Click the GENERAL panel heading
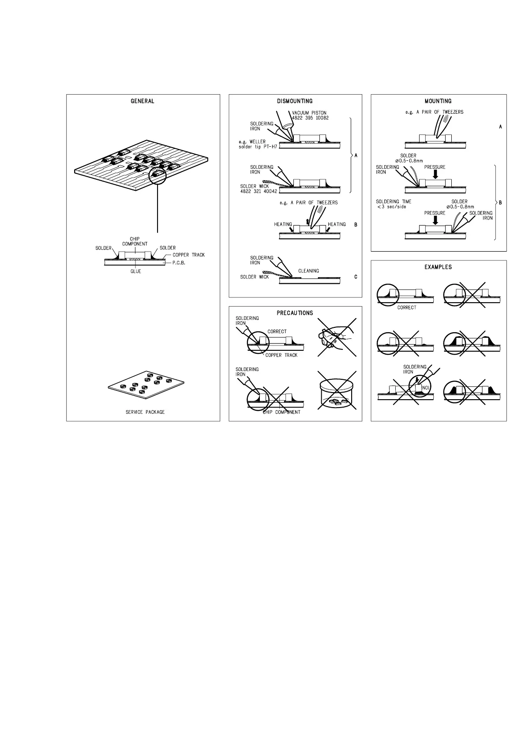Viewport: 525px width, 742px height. click(x=142, y=101)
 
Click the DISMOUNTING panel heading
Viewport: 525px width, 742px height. click(x=295, y=101)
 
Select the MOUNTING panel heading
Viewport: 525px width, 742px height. click(x=438, y=101)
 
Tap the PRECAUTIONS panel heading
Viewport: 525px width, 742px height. click(x=295, y=313)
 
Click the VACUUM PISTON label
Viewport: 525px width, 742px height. click(x=309, y=113)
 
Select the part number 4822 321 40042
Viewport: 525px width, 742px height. click(x=259, y=191)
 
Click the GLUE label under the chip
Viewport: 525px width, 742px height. click(x=136, y=271)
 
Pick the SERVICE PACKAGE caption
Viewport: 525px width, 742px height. click(x=145, y=412)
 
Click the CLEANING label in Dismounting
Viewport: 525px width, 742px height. click(x=308, y=271)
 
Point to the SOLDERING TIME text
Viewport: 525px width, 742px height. click(x=394, y=201)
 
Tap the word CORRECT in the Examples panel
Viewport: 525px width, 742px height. click(x=406, y=308)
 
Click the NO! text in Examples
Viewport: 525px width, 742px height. click(x=426, y=388)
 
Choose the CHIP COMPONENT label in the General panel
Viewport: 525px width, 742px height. click(x=135, y=241)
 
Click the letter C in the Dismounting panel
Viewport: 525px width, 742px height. click(x=356, y=277)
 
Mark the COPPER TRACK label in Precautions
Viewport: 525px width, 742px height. click(x=281, y=355)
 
